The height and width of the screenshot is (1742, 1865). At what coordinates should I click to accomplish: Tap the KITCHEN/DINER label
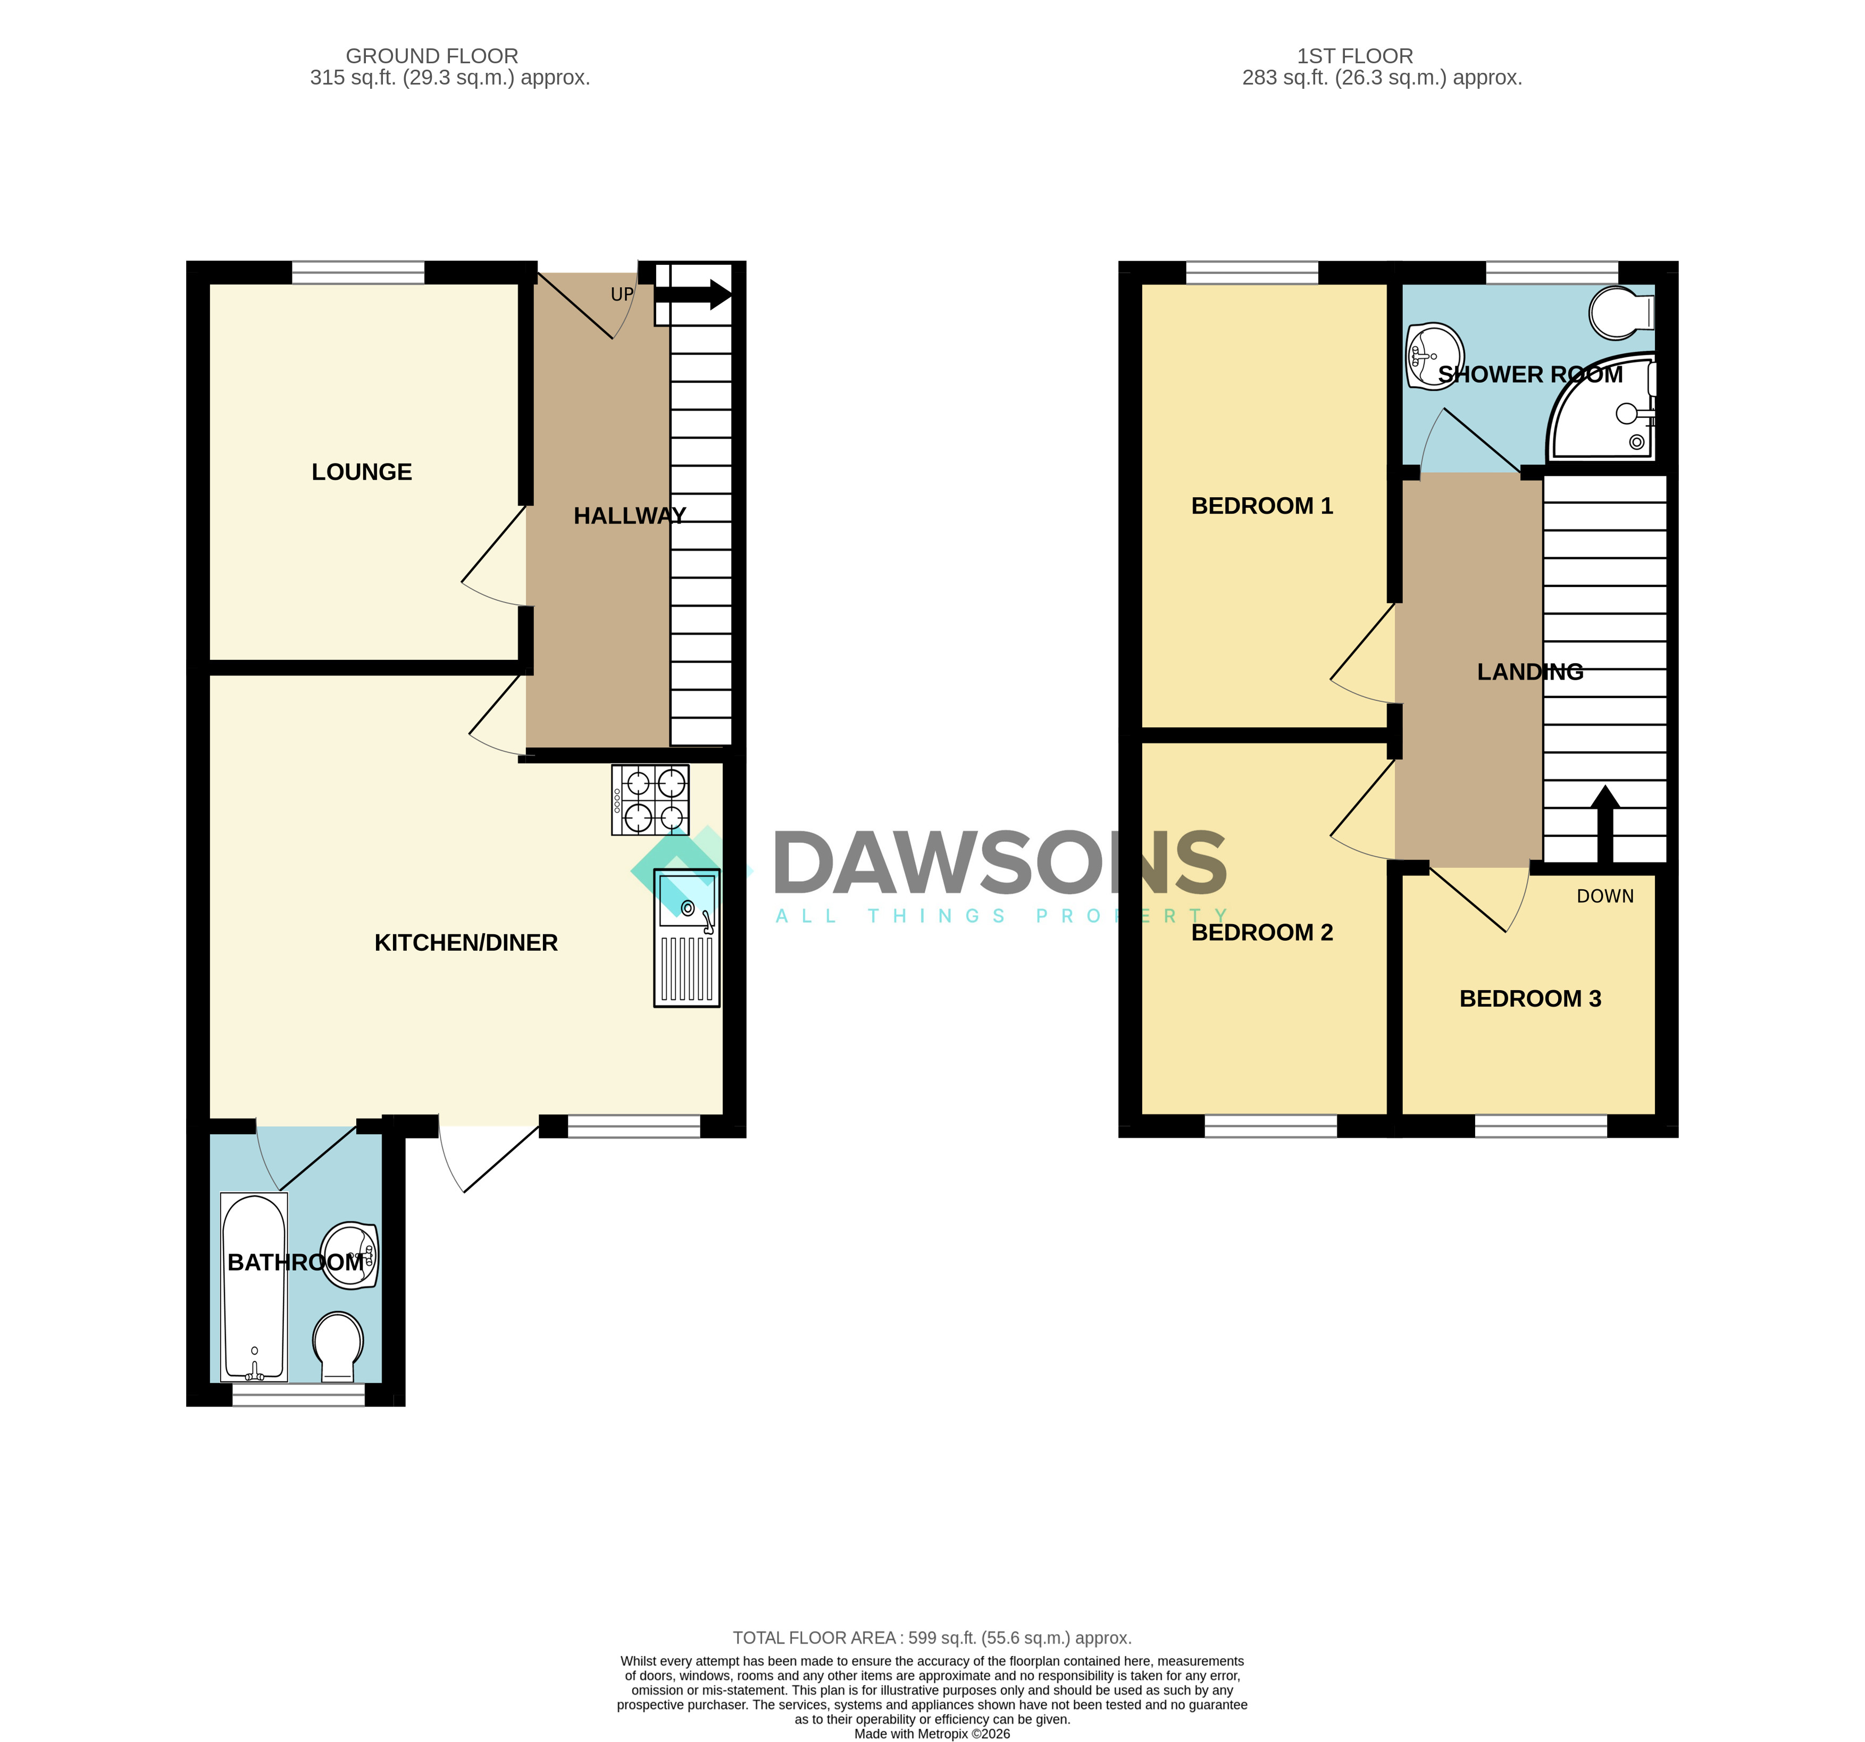click(x=466, y=943)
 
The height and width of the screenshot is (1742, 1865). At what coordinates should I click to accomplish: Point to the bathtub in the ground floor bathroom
click(x=253, y=1287)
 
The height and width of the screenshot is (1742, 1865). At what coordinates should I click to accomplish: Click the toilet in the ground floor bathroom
click(x=338, y=1347)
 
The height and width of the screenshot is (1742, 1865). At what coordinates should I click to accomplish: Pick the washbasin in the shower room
click(x=1434, y=356)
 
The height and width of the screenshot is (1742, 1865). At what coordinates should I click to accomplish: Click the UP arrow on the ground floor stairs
click(x=692, y=295)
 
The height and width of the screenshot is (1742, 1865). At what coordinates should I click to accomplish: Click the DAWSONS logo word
click(x=1000, y=863)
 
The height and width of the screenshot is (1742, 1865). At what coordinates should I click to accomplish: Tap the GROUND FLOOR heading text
click(x=431, y=56)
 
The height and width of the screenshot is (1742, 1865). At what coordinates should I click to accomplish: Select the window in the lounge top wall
click(x=358, y=272)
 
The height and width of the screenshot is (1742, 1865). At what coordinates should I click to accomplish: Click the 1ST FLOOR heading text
click(x=1354, y=56)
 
